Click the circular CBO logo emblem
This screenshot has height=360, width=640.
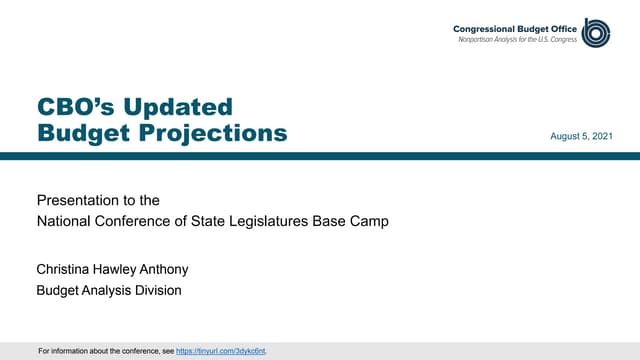(597, 32)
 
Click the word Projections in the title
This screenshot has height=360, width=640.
(219, 132)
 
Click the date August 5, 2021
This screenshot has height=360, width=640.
(582, 135)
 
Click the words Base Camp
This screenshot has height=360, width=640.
(356, 221)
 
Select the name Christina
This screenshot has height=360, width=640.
(67, 270)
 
